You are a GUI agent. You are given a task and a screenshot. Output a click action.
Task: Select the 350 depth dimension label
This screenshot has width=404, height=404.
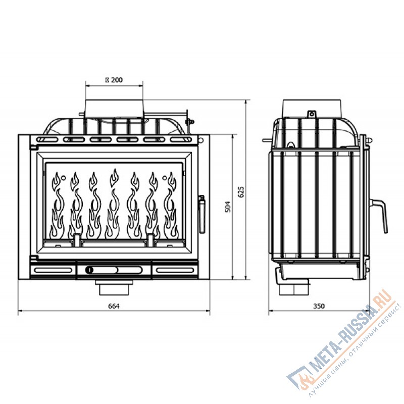coord(319,306)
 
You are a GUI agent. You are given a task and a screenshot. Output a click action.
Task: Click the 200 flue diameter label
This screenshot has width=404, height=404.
coord(114,79)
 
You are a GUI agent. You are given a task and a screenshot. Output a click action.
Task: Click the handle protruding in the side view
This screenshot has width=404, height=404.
coord(380,215)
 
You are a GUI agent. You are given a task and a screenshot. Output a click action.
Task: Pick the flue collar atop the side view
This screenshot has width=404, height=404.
coord(314,108)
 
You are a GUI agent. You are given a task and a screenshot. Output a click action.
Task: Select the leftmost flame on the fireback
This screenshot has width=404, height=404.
coord(58,205)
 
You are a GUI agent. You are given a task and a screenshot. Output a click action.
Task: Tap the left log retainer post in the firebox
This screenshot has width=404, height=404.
coord(77,240)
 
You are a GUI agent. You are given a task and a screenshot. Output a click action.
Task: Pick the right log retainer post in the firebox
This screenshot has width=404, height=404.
coord(150,240)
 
